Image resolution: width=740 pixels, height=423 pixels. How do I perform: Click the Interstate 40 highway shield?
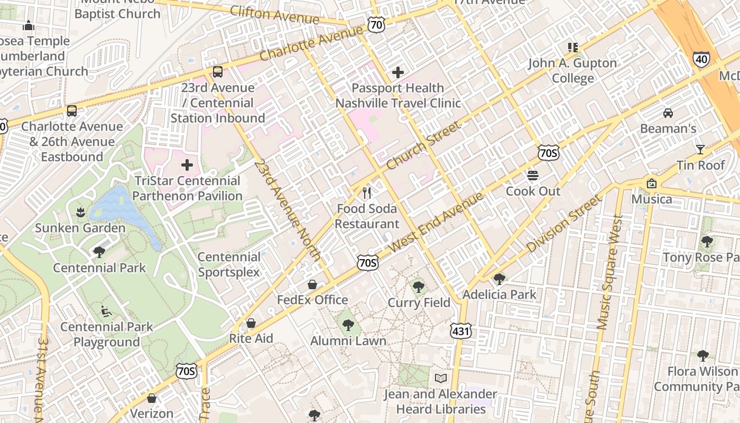point(701,59)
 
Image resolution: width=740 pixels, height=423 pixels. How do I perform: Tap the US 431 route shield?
point(460,331)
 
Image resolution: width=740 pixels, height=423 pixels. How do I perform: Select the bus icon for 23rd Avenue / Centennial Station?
point(217,72)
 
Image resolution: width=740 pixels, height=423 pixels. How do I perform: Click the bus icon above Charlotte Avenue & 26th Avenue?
point(71,111)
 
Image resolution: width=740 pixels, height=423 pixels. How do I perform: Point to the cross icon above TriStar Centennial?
point(187,165)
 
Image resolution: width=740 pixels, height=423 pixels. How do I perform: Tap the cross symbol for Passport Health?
point(398,72)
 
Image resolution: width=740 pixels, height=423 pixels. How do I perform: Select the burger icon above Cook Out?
point(533,176)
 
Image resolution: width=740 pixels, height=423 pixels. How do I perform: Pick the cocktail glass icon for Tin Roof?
point(700,150)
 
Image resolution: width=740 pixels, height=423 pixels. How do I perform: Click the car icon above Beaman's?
point(668,113)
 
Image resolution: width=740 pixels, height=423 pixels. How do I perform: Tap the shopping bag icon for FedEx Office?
point(312,284)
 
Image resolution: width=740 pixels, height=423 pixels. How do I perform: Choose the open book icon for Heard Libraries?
point(440,379)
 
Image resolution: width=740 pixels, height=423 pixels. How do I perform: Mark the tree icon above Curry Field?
point(419,287)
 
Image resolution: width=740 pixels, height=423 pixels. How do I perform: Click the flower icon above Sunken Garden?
point(80,213)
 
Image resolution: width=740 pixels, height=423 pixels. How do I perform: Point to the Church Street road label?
point(423,145)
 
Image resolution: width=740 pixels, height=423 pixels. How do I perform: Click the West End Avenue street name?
point(436,222)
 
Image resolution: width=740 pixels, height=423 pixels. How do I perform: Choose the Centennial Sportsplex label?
point(229,264)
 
